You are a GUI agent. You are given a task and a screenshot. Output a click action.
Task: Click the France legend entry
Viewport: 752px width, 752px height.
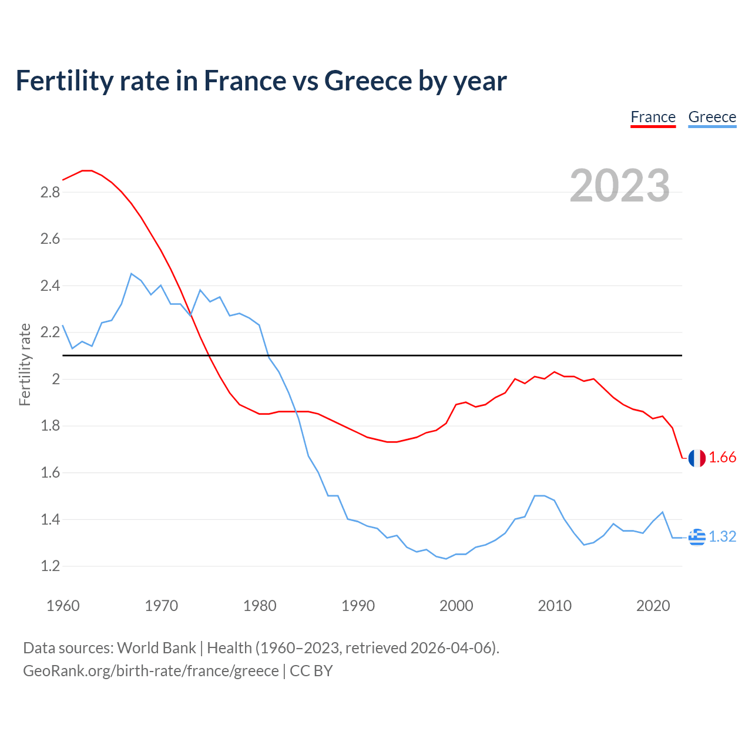tap(653, 117)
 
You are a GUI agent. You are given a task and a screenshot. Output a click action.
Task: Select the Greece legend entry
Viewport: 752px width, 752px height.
tap(712, 117)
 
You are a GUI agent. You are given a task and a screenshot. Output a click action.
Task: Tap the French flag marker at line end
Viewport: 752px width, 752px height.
tap(697, 458)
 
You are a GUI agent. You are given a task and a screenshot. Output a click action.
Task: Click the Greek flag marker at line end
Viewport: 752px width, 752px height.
tap(697, 537)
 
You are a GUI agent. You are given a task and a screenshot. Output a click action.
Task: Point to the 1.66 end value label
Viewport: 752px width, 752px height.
tap(723, 458)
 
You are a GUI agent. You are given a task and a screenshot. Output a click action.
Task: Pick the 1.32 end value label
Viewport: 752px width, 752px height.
tap(723, 537)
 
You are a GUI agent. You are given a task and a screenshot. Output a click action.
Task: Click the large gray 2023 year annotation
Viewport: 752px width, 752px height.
tap(620, 186)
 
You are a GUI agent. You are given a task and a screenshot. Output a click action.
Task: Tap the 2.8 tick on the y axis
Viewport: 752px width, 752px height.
tap(50, 193)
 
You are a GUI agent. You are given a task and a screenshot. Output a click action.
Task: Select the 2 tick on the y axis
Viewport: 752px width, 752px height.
tap(56, 380)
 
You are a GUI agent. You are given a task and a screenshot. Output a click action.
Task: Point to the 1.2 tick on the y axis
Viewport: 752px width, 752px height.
tap(50, 566)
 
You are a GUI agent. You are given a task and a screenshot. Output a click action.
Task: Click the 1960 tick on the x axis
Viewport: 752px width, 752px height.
tap(63, 606)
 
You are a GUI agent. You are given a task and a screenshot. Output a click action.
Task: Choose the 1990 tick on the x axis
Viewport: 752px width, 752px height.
tap(358, 606)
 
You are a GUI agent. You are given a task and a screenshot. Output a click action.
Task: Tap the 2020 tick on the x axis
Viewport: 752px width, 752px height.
tap(653, 606)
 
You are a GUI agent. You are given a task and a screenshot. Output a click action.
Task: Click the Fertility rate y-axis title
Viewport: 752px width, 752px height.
tap(25, 364)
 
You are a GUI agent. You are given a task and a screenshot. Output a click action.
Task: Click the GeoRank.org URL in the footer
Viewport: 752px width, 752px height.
tap(150, 671)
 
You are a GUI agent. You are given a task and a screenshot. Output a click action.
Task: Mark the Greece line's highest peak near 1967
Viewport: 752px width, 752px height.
tap(132, 274)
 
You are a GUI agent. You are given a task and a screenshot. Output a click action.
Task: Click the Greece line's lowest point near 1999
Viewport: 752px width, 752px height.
tap(446, 559)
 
